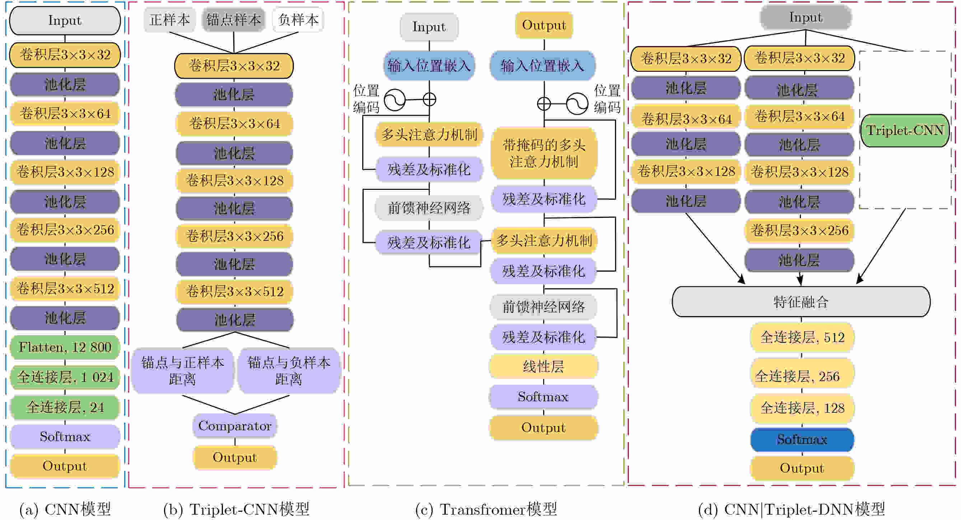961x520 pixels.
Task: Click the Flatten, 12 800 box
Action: point(65,347)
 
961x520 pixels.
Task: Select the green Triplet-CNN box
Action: point(905,131)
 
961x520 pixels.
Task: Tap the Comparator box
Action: point(235,426)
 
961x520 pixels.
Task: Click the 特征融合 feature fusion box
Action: point(801,302)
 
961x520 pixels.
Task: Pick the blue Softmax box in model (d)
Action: point(802,439)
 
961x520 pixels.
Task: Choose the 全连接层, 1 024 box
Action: point(65,377)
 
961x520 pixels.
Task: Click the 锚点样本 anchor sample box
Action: point(234,20)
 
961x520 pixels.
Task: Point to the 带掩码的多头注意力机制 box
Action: point(544,153)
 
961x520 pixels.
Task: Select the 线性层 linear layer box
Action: point(543,366)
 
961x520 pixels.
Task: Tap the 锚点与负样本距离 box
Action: point(289,370)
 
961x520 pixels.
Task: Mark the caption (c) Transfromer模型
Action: point(486,509)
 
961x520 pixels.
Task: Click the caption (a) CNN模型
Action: point(65,509)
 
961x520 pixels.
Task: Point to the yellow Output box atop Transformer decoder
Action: point(544,25)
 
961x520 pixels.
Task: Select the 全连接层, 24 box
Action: point(65,407)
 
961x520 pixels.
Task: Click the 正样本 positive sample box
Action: point(169,20)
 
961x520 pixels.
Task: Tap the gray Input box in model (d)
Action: point(806,17)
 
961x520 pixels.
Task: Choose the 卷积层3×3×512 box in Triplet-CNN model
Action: point(235,291)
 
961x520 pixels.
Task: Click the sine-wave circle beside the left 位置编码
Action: point(395,100)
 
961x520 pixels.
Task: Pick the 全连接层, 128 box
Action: point(802,408)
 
